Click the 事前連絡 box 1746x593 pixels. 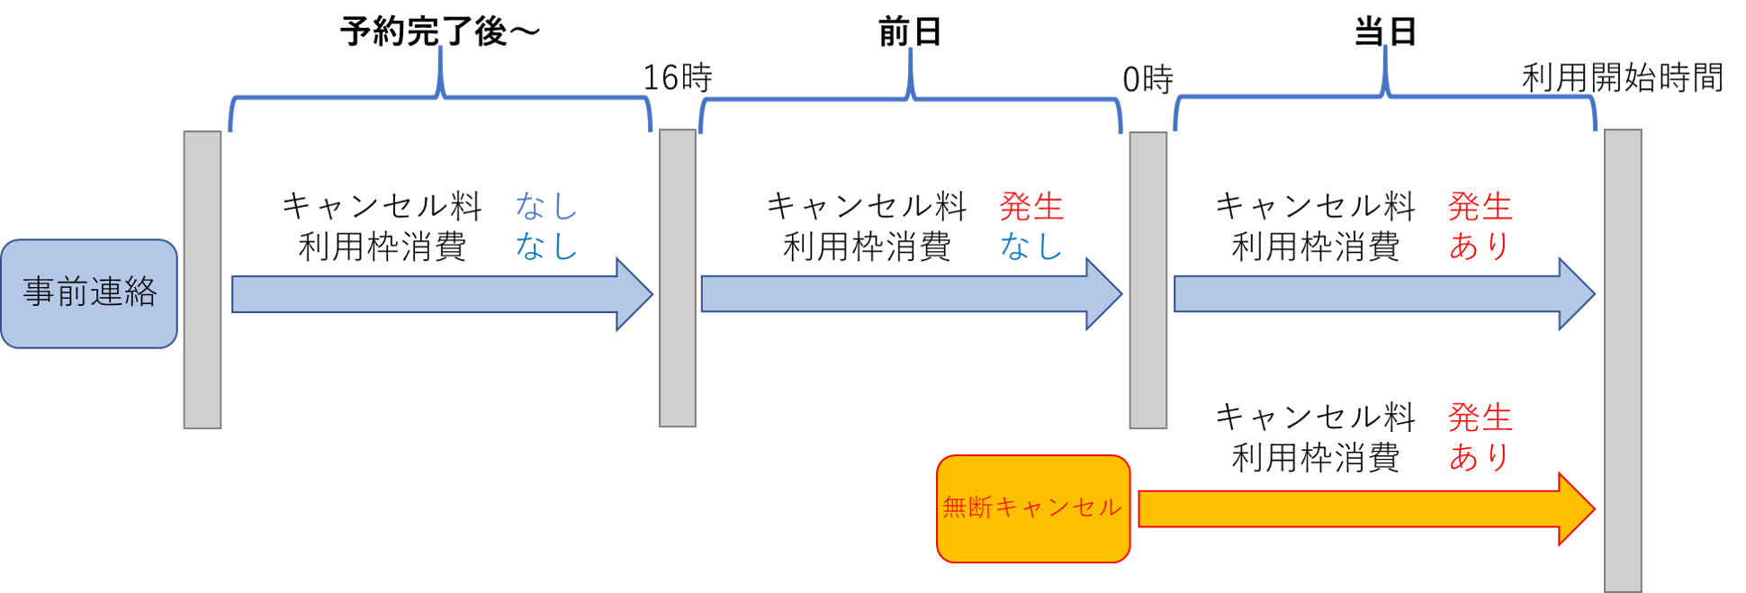click(x=89, y=293)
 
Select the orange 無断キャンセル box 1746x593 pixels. click(x=1032, y=508)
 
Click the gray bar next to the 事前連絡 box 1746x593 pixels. click(x=202, y=280)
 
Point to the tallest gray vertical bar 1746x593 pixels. click(x=1623, y=360)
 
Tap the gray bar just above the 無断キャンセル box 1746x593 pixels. click(x=1147, y=280)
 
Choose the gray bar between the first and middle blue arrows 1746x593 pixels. click(x=678, y=278)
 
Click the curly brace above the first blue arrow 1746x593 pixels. click(x=440, y=95)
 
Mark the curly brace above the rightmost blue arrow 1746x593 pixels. click(x=1385, y=95)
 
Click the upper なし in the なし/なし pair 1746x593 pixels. click(x=545, y=207)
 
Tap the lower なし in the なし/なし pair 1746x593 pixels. click(x=545, y=246)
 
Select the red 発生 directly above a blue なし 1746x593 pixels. click(x=1031, y=207)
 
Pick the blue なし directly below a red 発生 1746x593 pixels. click(x=1031, y=246)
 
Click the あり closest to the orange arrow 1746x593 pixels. click(x=1480, y=457)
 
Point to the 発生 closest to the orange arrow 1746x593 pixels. click(x=1480, y=418)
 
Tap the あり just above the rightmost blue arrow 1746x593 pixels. click(x=1480, y=246)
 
